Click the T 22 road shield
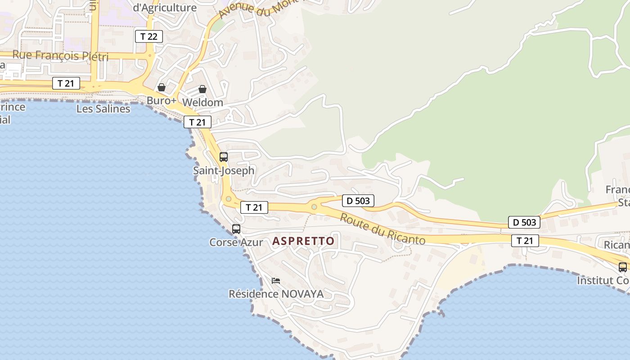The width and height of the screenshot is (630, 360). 149,36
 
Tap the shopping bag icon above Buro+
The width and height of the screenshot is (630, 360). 161,87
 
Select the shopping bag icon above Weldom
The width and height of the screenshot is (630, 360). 202,89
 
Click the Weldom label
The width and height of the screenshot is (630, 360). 202,102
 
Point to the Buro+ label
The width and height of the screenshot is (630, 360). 162,101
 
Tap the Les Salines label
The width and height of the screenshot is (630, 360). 103,109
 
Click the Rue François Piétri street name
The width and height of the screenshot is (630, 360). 60,56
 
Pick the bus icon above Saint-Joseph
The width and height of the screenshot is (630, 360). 224,157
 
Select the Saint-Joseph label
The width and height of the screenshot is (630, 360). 224,171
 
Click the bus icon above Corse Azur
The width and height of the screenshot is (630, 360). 236,229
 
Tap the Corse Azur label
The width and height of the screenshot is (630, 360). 236,242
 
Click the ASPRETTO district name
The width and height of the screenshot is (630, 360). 303,241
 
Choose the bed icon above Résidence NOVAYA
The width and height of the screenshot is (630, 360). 276,281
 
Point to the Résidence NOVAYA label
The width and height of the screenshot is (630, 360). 276,294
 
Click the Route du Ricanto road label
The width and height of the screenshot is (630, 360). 382,229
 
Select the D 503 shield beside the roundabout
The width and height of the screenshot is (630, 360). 358,201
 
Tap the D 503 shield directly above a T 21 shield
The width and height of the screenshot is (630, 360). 524,222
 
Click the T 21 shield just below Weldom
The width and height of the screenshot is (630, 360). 198,122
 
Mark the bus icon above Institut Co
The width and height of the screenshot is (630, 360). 623,267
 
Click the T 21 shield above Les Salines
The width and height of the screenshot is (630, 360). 66,83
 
